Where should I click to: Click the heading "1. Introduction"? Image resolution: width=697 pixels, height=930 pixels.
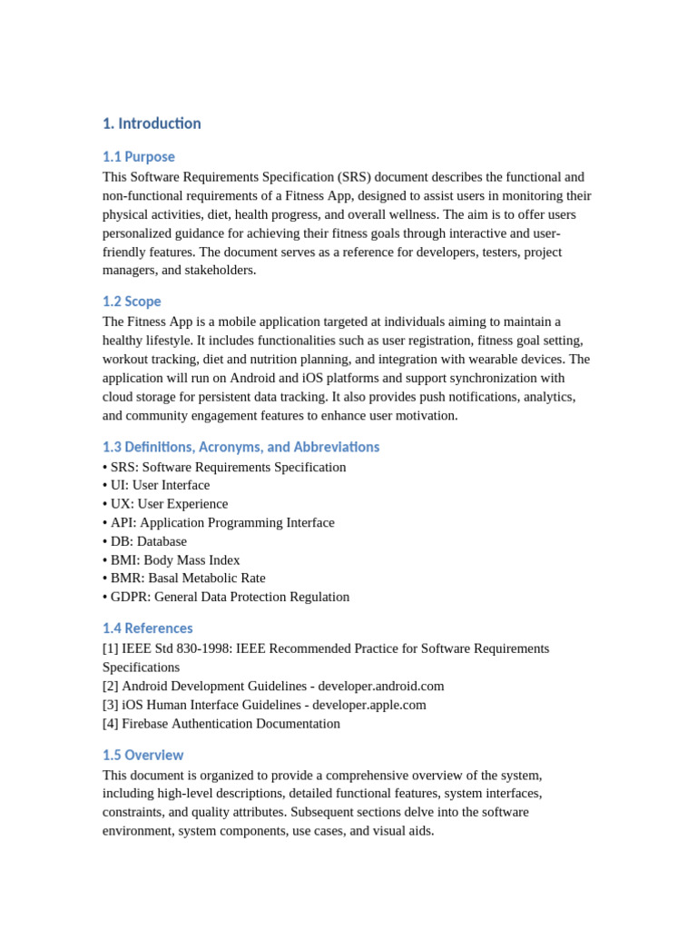pos(152,124)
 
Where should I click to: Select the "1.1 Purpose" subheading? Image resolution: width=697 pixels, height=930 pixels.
pos(139,157)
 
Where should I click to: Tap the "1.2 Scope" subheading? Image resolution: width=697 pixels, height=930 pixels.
pos(132,302)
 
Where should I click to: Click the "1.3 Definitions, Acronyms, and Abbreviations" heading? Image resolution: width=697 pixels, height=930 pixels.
pos(241,447)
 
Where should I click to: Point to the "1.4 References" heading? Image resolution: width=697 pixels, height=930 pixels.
pos(147,628)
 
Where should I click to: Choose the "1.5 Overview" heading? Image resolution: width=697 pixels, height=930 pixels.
pos(142,756)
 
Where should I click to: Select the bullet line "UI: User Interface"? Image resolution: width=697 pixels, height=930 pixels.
pos(160,485)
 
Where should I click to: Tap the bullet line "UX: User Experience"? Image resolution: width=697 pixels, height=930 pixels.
pos(169,504)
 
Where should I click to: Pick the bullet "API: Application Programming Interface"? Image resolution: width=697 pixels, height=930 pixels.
pos(222,523)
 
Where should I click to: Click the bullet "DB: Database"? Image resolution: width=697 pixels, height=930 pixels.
pos(148,541)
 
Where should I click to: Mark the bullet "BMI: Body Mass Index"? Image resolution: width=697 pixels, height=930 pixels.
pos(175,560)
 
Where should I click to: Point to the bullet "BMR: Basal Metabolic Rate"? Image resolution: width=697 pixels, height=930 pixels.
pos(188,579)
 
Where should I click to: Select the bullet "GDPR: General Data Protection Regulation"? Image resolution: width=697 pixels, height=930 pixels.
pos(230,598)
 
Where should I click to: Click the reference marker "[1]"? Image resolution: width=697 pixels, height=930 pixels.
pos(111,648)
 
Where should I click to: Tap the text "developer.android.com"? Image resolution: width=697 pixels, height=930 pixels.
pos(381,687)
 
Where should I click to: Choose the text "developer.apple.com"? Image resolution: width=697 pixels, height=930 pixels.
pos(369,705)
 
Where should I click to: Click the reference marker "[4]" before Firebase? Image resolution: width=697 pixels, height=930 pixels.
pos(111,724)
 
